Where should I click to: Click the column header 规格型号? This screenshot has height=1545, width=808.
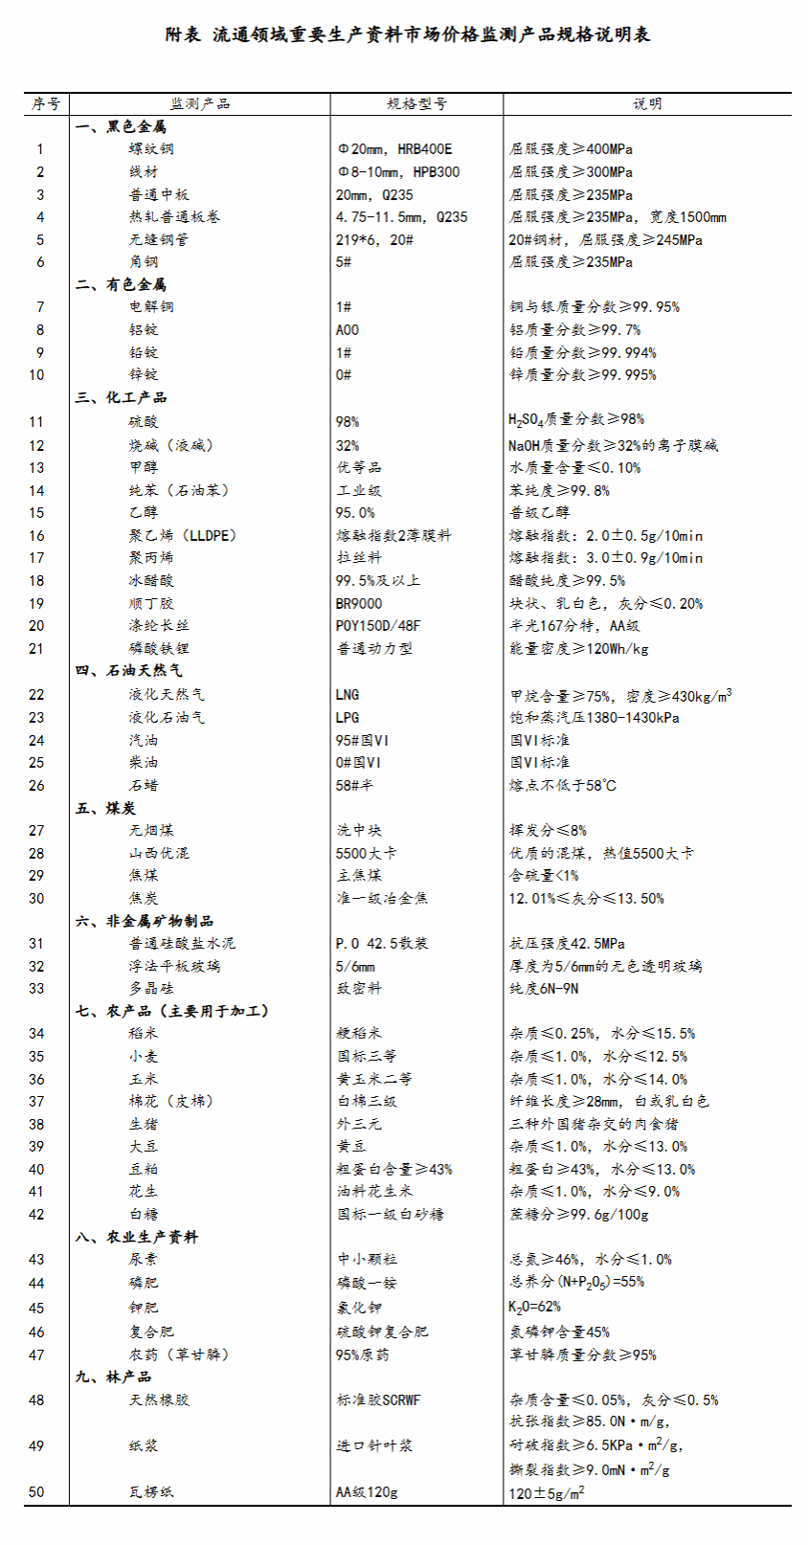click(x=416, y=103)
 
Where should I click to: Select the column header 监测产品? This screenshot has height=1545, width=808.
click(x=200, y=103)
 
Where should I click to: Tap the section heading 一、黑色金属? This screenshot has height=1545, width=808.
click(x=122, y=126)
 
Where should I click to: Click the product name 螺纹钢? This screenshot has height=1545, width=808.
click(x=152, y=149)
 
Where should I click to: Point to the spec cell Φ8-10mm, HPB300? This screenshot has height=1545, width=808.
click(x=398, y=172)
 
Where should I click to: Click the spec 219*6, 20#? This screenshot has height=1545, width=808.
click(x=374, y=239)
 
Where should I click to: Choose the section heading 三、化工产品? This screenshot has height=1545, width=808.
click(x=122, y=397)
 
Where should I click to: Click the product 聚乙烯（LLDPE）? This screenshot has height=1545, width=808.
click(x=183, y=535)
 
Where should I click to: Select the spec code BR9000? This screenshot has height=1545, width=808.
click(x=359, y=604)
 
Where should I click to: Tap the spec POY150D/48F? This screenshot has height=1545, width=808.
click(x=378, y=626)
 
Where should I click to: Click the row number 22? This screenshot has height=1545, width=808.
click(x=36, y=695)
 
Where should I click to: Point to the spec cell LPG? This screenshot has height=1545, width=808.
click(x=348, y=718)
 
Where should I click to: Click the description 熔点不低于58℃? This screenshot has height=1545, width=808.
click(x=563, y=786)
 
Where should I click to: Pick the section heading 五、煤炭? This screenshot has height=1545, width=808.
click(x=106, y=808)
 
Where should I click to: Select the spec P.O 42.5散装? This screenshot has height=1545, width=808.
click(x=382, y=944)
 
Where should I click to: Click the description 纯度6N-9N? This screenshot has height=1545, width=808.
click(x=544, y=989)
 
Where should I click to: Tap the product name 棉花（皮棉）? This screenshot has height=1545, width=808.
click(x=171, y=1102)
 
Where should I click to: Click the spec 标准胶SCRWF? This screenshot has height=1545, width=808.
click(x=379, y=1400)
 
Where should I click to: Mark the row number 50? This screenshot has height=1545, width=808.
click(x=36, y=1492)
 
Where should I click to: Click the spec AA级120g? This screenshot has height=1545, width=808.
click(x=367, y=1492)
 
